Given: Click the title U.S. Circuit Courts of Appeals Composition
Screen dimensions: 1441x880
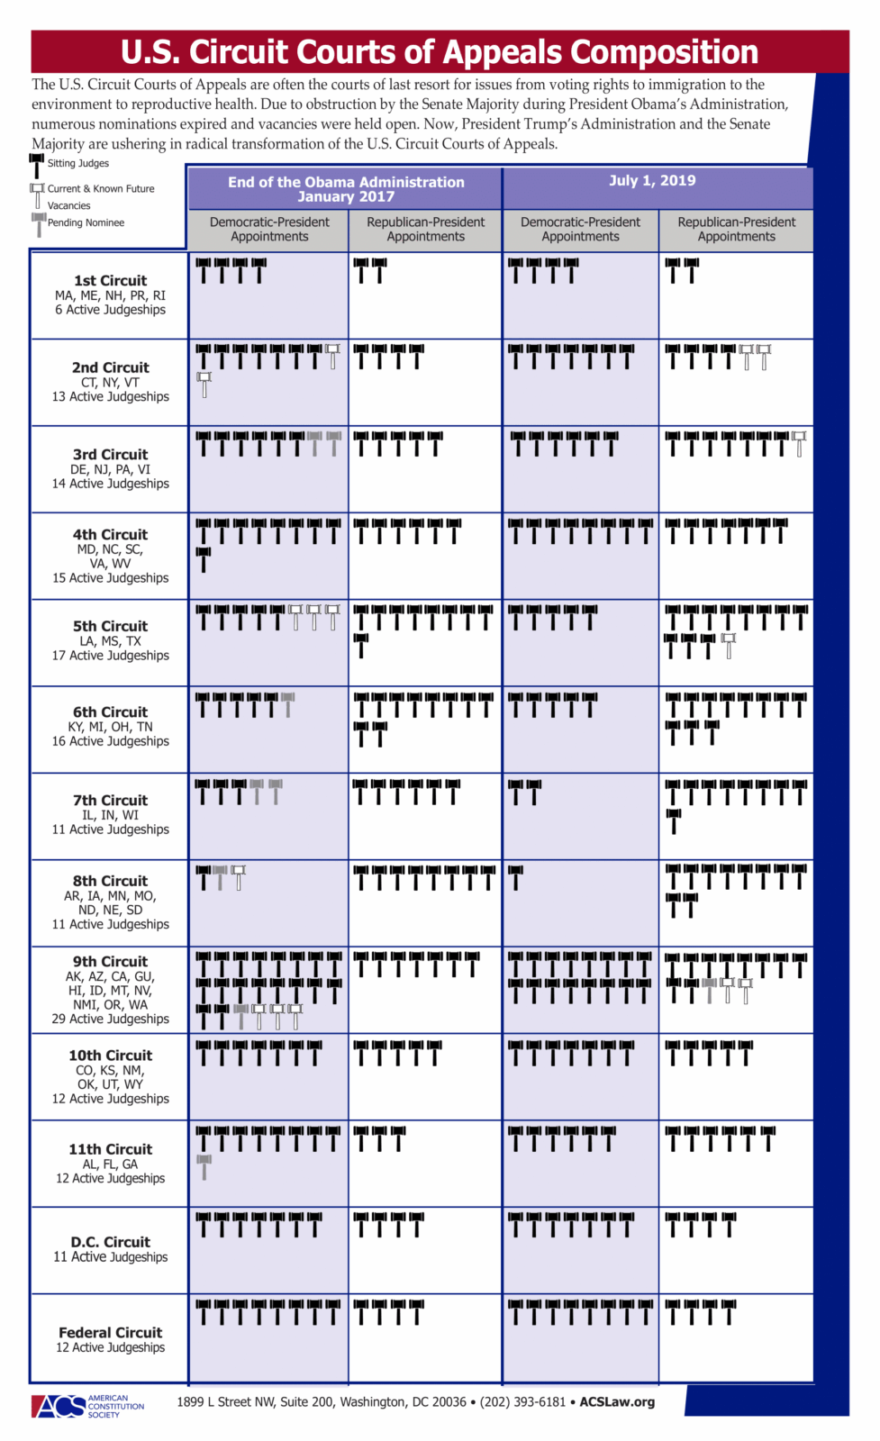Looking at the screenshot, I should [x=440, y=52].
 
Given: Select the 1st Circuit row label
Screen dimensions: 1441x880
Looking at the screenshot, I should [x=110, y=281].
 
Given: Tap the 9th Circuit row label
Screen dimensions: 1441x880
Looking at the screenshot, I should [x=110, y=962].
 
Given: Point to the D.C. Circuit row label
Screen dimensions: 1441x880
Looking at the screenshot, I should [x=110, y=1242].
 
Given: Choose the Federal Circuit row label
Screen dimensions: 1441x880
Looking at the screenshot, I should [x=110, y=1333].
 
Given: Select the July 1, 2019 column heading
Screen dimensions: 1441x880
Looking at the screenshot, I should [x=652, y=180].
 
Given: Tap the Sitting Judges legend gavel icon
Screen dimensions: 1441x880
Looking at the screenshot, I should [x=37, y=165].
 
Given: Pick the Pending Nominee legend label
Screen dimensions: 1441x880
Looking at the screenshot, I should [x=86, y=222].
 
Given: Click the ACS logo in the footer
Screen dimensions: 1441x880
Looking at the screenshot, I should [x=59, y=1406].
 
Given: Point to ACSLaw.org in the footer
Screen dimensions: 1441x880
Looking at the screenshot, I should [x=617, y=1402].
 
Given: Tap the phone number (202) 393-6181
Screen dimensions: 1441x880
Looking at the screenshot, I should [x=522, y=1402].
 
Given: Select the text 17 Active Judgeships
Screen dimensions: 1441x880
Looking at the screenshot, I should [x=110, y=656].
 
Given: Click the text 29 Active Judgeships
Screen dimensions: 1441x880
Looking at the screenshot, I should [x=110, y=1019].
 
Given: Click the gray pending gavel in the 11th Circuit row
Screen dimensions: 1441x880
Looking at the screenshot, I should [x=204, y=1166].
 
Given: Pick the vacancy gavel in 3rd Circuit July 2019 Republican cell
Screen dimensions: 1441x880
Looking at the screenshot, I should [x=799, y=442].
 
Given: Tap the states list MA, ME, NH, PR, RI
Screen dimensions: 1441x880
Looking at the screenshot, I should [x=110, y=295].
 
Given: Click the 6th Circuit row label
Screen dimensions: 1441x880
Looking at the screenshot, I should [x=110, y=712].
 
